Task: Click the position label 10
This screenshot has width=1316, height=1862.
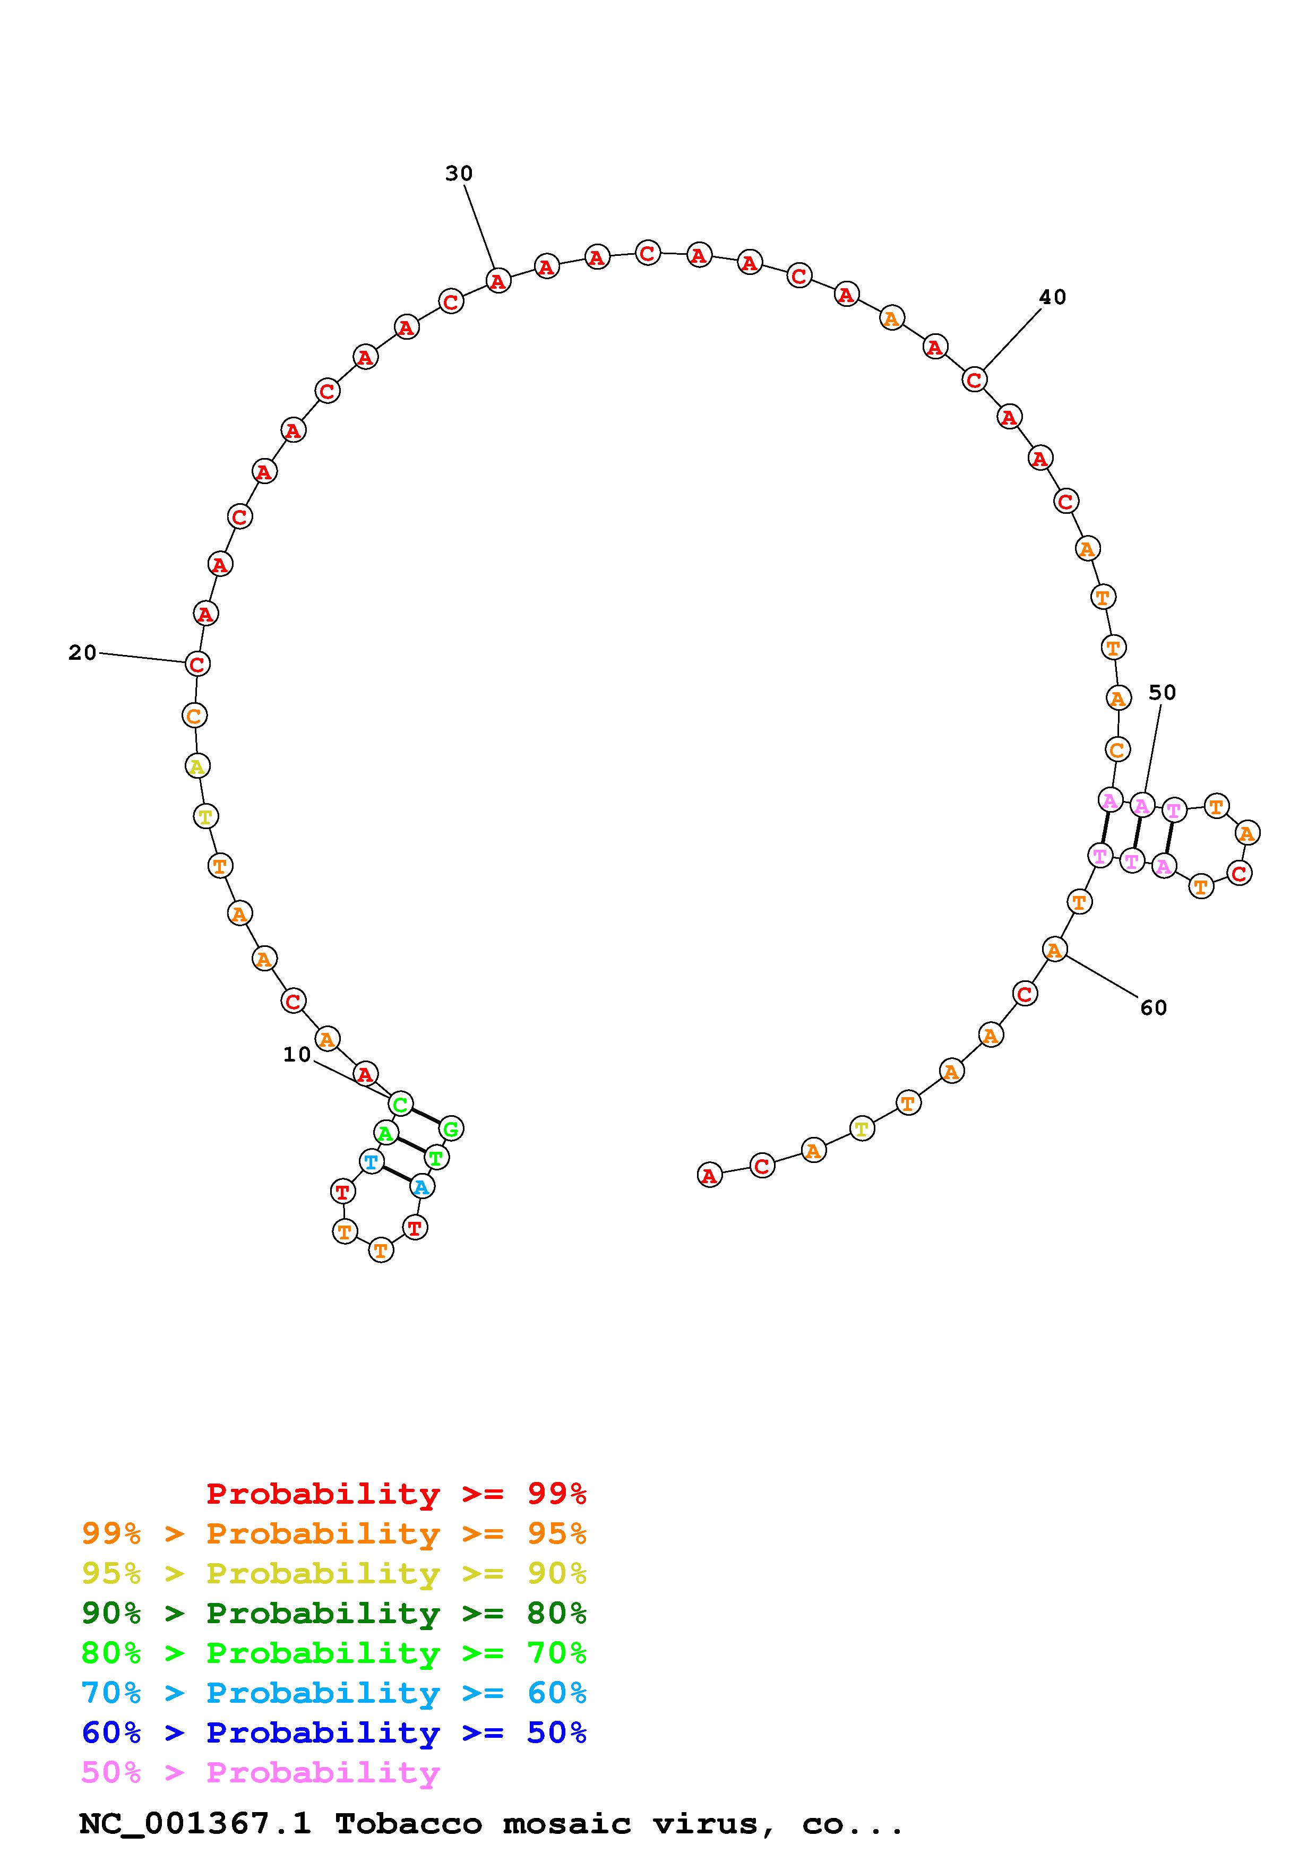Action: [x=297, y=1054]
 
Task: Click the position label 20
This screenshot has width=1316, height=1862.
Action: [x=83, y=653]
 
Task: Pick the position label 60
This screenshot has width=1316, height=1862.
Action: [x=1153, y=1008]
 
